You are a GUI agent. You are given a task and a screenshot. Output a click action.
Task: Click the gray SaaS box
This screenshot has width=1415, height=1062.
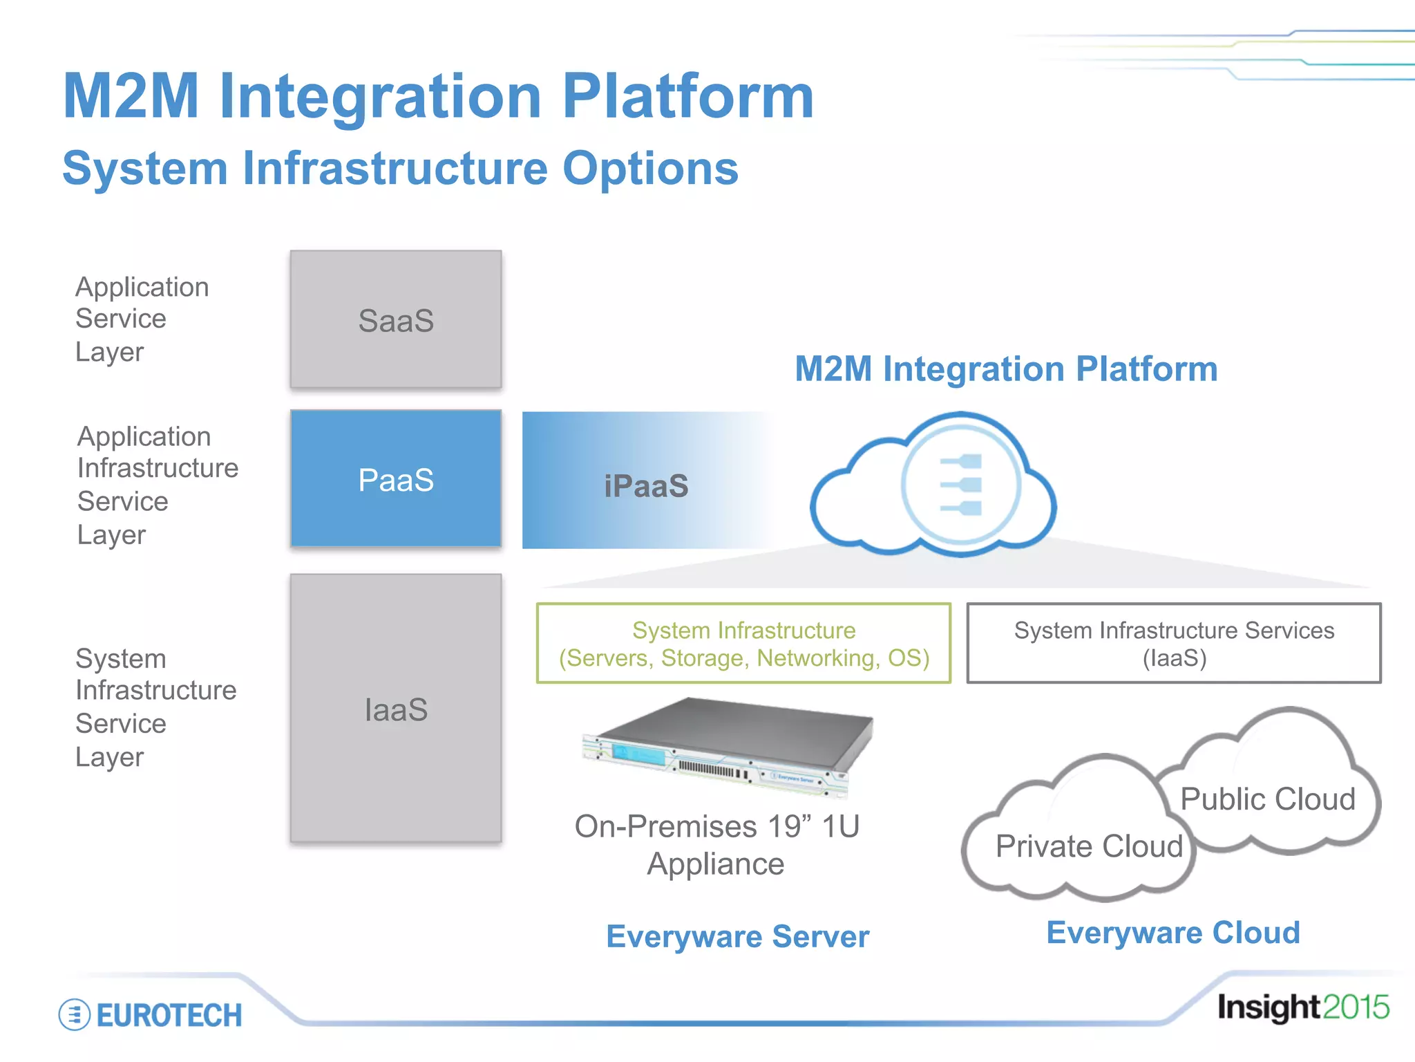(x=396, y=319)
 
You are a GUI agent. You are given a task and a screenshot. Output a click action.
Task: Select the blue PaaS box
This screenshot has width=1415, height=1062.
(x=396, y=478)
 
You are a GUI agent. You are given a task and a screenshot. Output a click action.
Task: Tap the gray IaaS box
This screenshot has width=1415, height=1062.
(x=396, y=709)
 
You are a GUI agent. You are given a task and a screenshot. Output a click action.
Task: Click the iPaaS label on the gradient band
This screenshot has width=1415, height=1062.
(x=646, y=485)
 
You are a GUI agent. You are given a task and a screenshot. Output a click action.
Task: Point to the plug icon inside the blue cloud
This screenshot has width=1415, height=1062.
(x=962, y=485)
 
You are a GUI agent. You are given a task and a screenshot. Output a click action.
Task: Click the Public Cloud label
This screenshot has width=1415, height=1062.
(x=1267, y=799)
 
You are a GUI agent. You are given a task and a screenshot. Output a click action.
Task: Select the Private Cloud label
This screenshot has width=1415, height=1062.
(x=1089, y=846)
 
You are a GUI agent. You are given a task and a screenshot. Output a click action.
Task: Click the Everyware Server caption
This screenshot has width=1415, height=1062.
(x=737, y=937)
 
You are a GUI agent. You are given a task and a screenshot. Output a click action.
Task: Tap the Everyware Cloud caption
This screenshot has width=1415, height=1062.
(x=1172, y=933)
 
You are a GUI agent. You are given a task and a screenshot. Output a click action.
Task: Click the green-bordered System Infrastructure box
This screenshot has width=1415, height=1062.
(x=743, y=644)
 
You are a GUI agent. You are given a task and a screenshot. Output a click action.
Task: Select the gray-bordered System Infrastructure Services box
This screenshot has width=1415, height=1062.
(x=1173, y=644)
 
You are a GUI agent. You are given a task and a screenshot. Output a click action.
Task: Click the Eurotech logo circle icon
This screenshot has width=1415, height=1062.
(x=75, y=1015)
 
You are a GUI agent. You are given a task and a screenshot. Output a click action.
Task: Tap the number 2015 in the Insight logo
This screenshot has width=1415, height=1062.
(x=1356, y=1007)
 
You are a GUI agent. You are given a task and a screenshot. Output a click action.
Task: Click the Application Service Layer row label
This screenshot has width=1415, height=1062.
(x=142, y=319)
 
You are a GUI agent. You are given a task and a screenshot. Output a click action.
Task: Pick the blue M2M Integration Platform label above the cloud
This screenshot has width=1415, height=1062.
(x=1006, y=369)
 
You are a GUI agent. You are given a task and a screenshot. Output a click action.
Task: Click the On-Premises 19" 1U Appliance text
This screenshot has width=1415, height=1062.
(x=716, y=845)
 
